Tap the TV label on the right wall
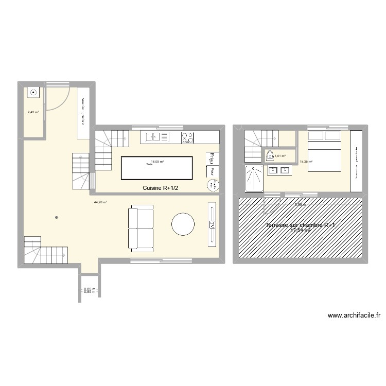(x=212, y=224)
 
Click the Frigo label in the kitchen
(x=211, y=159)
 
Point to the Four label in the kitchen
(x=211, y=171)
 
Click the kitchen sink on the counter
(x=152, y=137)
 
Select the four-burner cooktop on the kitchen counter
(x=187, y=137)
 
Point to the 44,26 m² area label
(x=100, y=202)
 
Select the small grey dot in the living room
(x=56, y=218)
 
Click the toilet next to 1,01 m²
(x=270, y=155)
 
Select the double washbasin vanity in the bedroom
(x=279, y=170)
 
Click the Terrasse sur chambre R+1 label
(x=301, y=225)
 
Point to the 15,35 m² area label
(x=306, y=162)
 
